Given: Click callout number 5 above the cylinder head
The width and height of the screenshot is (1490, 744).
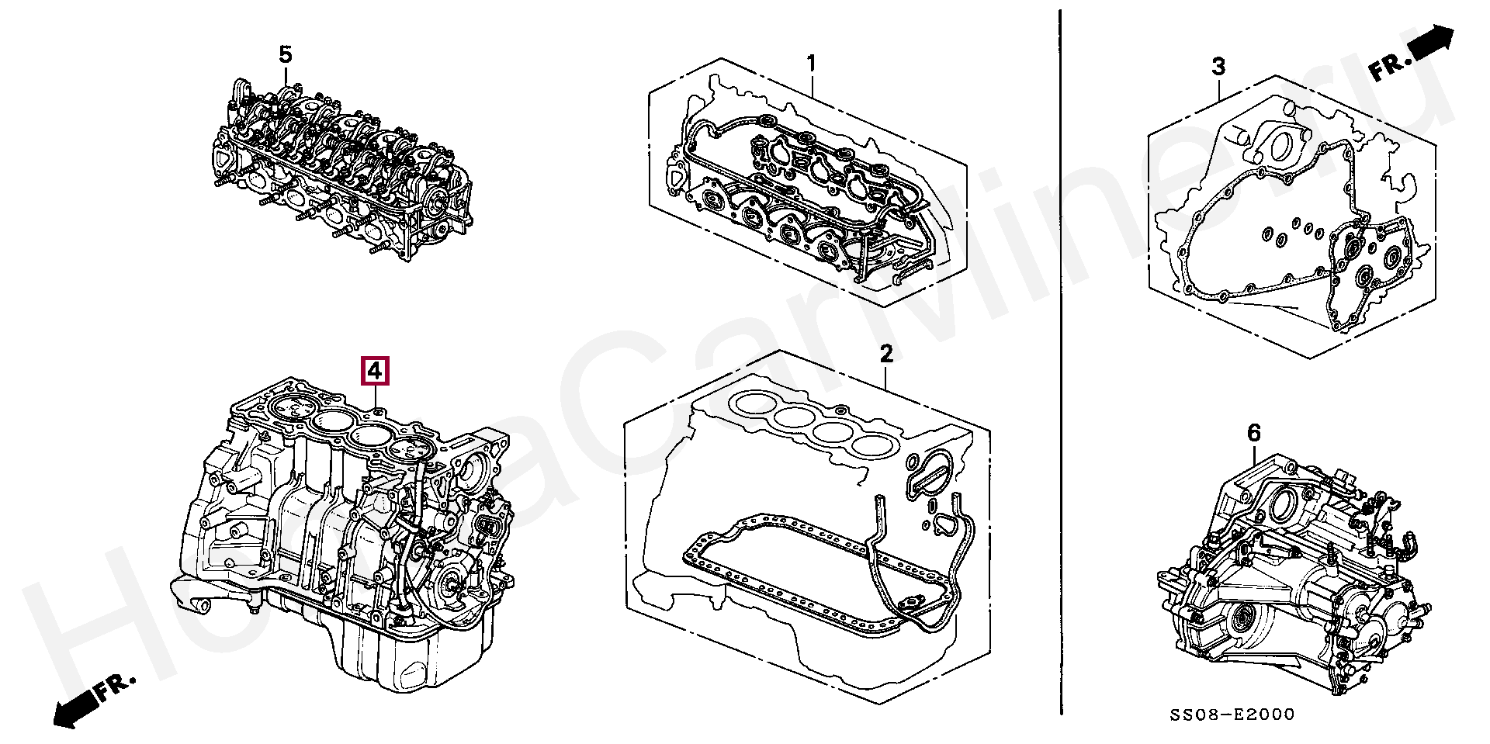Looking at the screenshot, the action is tap(286, 55).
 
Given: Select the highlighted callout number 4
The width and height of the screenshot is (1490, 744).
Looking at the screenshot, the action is tap(375, 371).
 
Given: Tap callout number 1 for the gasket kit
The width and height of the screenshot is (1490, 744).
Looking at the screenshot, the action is tap(812, 64).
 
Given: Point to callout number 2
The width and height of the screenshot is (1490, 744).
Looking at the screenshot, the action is tap(886, 355).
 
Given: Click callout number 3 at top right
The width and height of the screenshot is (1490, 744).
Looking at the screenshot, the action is tap(1218, 67).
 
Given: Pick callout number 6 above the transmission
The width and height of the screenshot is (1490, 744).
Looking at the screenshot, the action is tap(1254, 433).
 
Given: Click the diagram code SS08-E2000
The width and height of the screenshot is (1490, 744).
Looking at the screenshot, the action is tap(1232, 715).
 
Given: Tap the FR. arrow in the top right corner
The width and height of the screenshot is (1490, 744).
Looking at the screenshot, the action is tap(1412, 54).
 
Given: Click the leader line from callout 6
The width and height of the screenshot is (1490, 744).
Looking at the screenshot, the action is tap(1256, 454).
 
